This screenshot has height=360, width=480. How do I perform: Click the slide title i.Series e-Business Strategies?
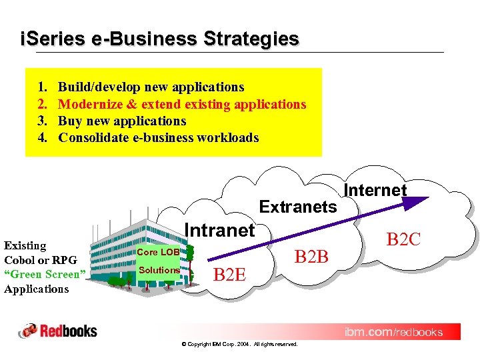[160, 39]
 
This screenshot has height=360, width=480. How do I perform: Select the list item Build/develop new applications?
[151, 87]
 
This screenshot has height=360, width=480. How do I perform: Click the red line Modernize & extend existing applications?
[182, 104]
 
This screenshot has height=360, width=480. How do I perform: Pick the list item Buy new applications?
[122, 121]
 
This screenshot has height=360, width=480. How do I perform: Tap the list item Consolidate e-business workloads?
[158, 138]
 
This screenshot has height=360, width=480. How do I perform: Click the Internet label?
[375, 190]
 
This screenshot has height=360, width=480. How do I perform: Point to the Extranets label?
[298, 207]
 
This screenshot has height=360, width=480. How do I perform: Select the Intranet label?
[219, 231]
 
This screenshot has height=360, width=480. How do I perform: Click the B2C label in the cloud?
[404, 239]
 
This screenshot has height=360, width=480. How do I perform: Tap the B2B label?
[311, 255]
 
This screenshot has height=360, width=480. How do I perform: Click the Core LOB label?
[158, 252]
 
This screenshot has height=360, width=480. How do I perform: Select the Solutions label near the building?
[159, 270]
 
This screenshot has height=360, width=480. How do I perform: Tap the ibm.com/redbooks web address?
[393, 332]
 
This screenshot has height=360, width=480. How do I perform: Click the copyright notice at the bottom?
[239, 344]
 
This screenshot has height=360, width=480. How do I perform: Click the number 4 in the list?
[41, 138]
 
